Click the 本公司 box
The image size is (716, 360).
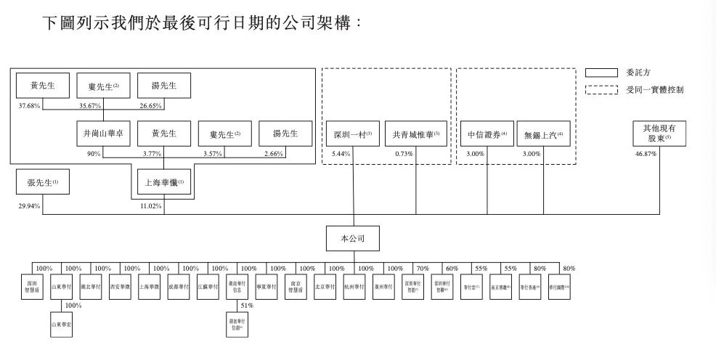[353, 240]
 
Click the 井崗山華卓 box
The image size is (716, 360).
[103, 134]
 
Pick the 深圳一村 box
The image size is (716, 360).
[352, 134]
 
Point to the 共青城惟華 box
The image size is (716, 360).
[415, 134]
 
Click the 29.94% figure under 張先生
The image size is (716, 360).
[27, 205]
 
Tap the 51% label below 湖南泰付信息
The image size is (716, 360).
[248, 306]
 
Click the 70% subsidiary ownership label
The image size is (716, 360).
[423, 269]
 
